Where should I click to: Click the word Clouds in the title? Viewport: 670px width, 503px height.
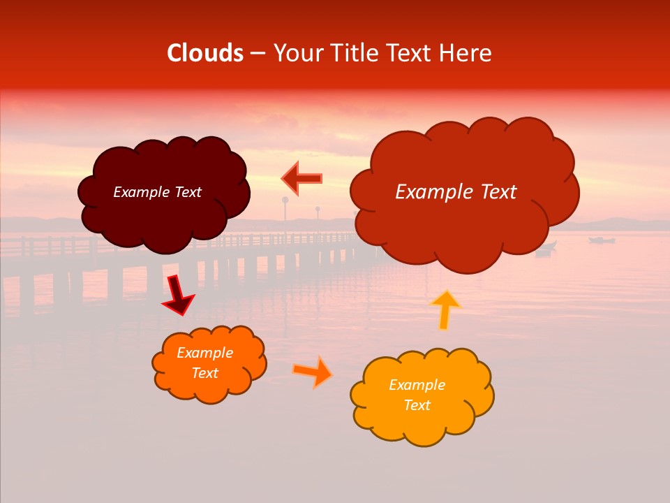(x=205, y=53)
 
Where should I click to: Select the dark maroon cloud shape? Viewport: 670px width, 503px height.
(x=164, y=217)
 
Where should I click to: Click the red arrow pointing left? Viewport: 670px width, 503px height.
(x=301, y=178)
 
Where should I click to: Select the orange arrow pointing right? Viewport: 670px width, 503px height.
(x=313, y=372)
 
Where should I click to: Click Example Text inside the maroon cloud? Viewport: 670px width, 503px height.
(x=157, y=192)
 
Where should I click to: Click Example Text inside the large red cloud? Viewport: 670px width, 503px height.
(x=456, y=192)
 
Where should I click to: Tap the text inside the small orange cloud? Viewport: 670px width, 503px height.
(x=205, y=363)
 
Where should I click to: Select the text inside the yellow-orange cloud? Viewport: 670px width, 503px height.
(x=417, y=395)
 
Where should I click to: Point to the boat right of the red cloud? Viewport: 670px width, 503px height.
(x=602, y=240)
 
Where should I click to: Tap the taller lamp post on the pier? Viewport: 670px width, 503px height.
(x=285, y=210)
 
